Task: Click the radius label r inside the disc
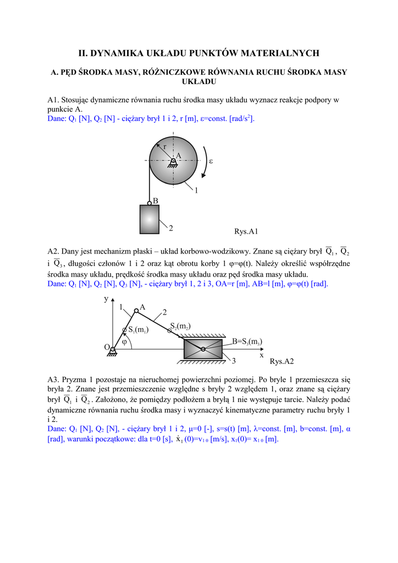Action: click(164, 146)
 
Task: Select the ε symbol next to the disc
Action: click(211, 161)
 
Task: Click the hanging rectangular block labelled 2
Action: click(150, 219)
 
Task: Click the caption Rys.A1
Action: click(246, 231)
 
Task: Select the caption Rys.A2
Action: click(282, 362)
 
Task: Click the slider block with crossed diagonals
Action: click(203, 349)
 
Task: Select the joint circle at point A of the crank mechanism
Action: click(136, 311)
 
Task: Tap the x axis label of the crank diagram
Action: click(262, 356)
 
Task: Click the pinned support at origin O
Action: click(113, 351)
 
